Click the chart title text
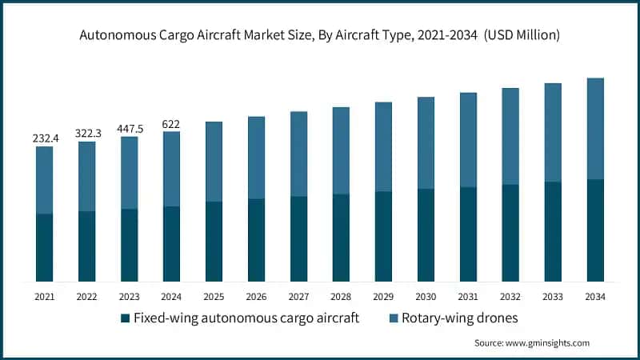click(x=319, y=35)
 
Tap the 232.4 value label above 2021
click(x=45, y=138)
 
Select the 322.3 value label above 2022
click(x=87, y=134)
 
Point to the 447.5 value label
click(x=130, y=128)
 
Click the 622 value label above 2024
click(x=172, y=123)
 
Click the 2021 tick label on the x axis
click(x=45, y=296)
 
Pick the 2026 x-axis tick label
click(x=256, y=296)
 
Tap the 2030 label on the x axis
click(x=426, y=296)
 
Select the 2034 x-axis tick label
click(x=595, y=296)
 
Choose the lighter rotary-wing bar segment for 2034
click(x=595, y=128)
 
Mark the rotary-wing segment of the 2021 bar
click(x=45, y=180)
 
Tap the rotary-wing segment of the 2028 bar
click(x=341, y=150)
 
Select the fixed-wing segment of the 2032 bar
click(x=510, y=233)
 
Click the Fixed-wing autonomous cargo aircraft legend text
click(x=246, y=318)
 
